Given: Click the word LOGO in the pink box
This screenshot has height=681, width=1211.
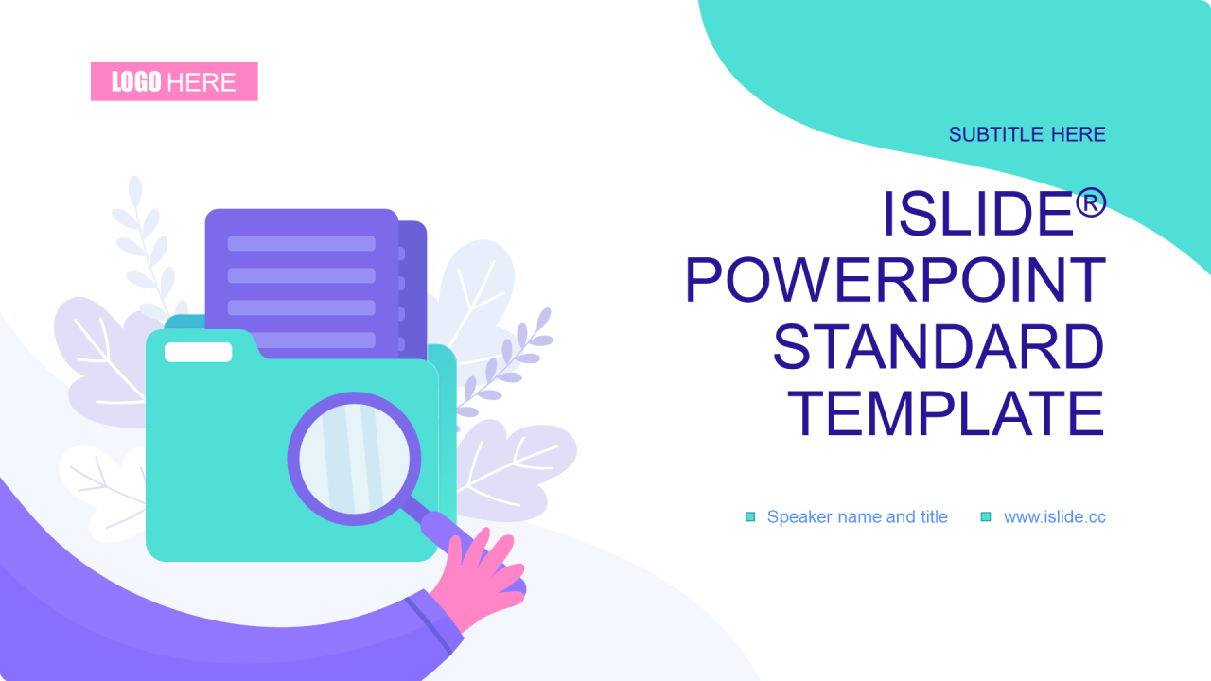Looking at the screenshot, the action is [x=136, y=82].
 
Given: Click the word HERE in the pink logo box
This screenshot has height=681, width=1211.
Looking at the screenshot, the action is [x=202, y=82].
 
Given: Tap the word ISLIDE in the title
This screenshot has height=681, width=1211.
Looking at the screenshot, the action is [x=978, y=214].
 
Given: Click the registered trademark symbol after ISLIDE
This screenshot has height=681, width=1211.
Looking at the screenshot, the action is [x=1091, y=203].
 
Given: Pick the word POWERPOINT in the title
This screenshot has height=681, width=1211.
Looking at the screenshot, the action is [x=895, y=281].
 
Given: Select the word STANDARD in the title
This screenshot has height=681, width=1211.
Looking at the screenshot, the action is [x=939, y=346].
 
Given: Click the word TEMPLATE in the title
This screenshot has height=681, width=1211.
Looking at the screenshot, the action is [x=945, y=413].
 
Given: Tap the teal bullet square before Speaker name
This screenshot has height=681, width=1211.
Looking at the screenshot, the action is [x=750, y=516].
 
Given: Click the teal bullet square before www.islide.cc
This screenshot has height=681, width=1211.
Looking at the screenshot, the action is [x=986, y=516].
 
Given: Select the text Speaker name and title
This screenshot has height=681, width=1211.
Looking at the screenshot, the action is [x=857, y=517].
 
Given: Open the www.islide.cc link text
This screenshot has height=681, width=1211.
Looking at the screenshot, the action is [x=1055, y=517].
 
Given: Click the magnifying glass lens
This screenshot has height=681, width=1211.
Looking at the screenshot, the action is [x=354, y=459].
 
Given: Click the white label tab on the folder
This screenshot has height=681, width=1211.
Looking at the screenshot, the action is [x=199, y=353].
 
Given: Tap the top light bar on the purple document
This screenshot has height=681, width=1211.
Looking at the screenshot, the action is [x=301, y=243].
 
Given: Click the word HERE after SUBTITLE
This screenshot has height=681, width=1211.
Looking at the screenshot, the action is [x=1078, y=134].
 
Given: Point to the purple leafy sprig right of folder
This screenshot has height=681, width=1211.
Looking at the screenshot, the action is [x=505, y=362].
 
